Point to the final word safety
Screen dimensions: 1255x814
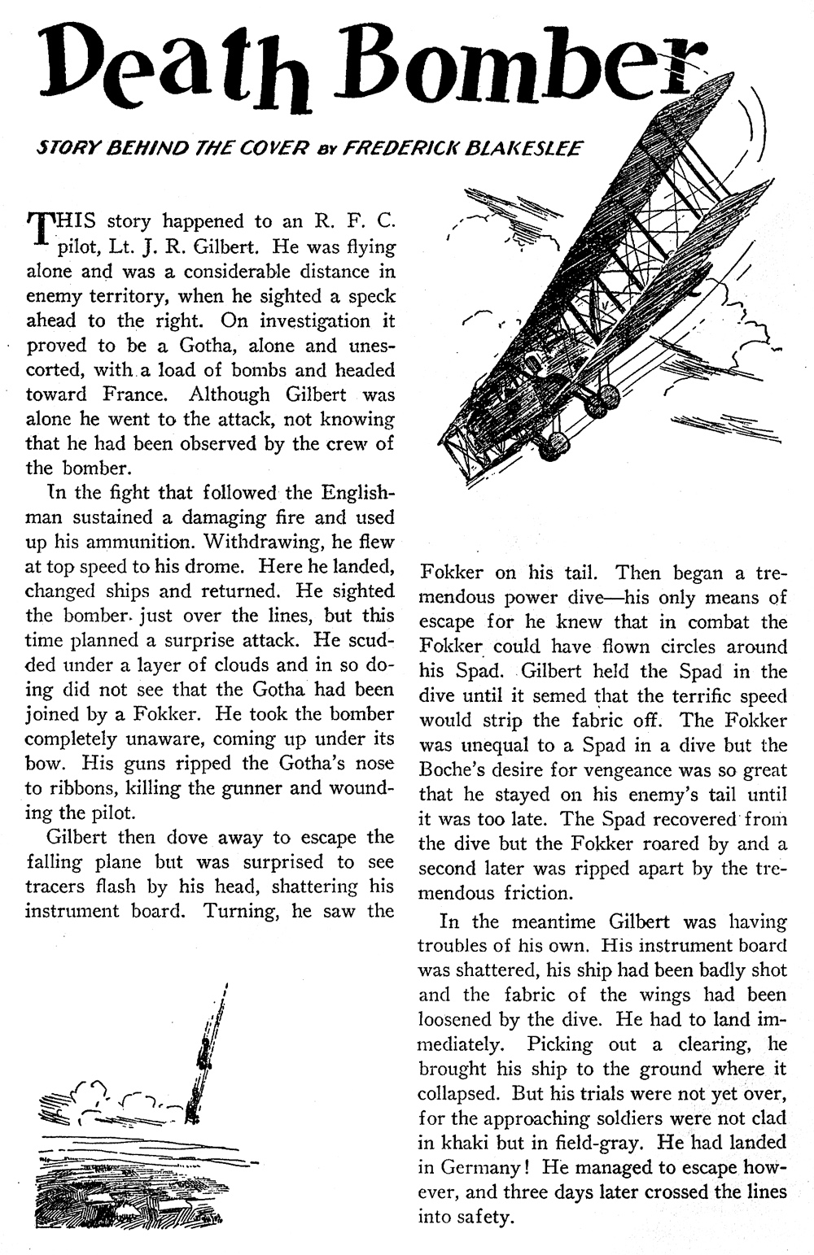485,1217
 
